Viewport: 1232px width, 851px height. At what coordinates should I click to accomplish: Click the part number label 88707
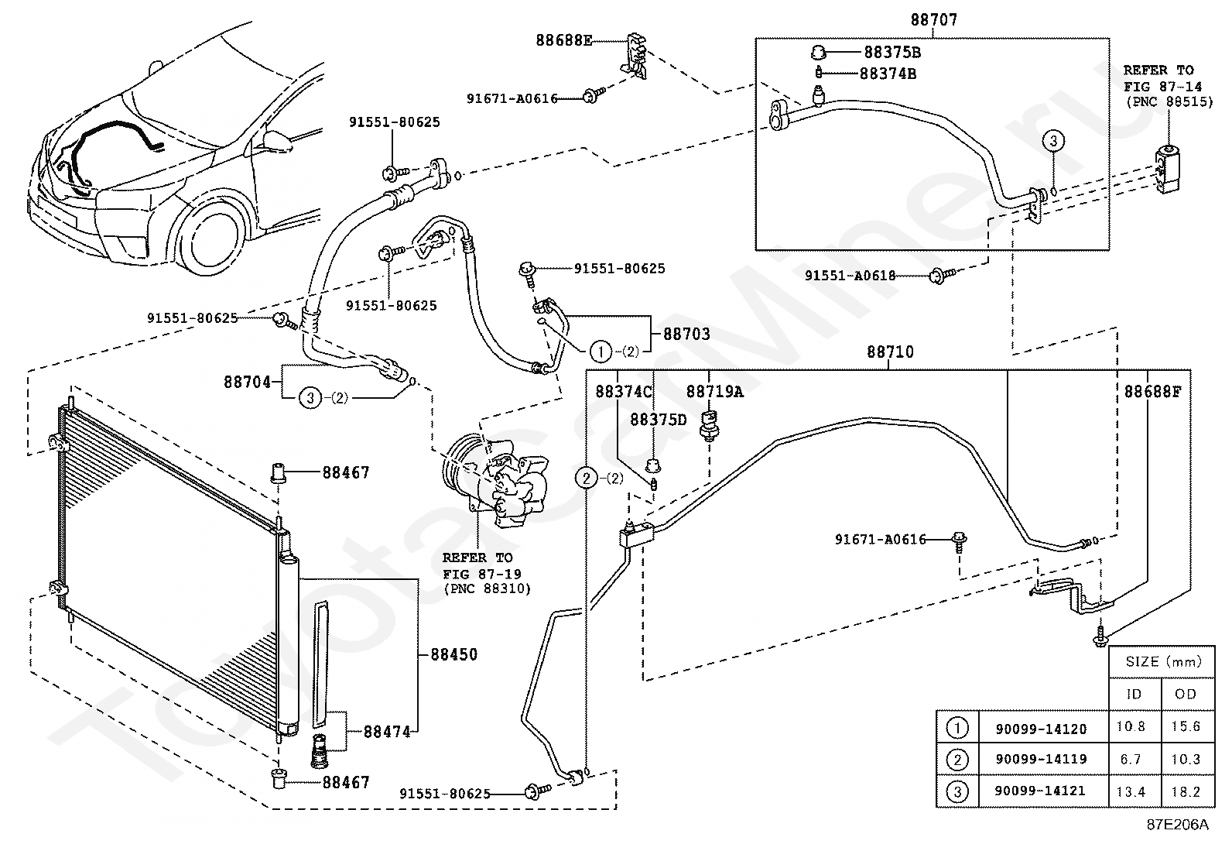coord(934,20)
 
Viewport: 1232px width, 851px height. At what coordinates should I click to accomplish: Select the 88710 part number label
coord(890,352)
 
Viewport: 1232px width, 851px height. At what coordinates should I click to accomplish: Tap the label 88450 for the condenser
coord(453,654)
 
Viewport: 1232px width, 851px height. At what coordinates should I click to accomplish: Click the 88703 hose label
coord(686,334)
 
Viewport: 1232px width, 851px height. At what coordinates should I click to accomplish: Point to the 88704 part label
coord(248,382)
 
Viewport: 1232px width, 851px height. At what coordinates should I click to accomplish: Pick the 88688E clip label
coord(564,41)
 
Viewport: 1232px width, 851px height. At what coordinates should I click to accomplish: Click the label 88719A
coord(714,391)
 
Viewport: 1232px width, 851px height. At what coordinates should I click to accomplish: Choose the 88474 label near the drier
coord(387,732)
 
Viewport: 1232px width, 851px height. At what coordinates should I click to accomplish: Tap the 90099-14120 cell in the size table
coord(1041,729)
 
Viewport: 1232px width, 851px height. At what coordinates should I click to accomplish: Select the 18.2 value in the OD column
coord(1186,791)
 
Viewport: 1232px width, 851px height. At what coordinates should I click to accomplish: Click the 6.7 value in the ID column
coord(1131,760)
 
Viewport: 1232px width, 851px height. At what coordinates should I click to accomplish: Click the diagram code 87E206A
coord(1178,824)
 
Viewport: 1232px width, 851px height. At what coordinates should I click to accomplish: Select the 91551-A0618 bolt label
coord(850,275)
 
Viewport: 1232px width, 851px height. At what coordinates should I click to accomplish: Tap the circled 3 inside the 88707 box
coord(1053,141)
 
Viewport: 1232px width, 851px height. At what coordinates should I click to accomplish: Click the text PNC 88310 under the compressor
coord(488,589)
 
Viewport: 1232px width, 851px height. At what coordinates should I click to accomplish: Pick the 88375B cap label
coord(892,53)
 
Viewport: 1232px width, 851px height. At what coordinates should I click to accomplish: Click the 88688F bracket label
coord(1152,391)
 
